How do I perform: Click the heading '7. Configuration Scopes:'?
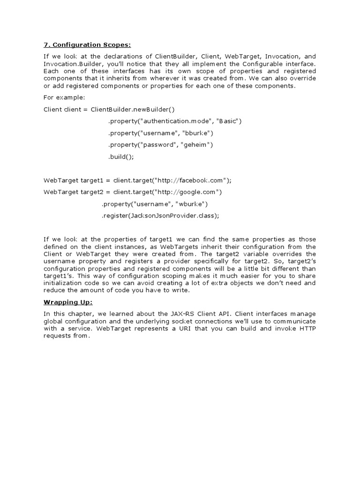pyautogui.click(x=87, y=45)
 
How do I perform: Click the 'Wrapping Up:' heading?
pyautogui.click(x=68, y=302)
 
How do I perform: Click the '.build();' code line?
pyautogui.click(x=121, y=157)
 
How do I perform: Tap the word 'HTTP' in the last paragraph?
pyautogui.click(x=307, y=329)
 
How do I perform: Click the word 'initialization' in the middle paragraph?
pyautogui.click(x=63, y=283)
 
